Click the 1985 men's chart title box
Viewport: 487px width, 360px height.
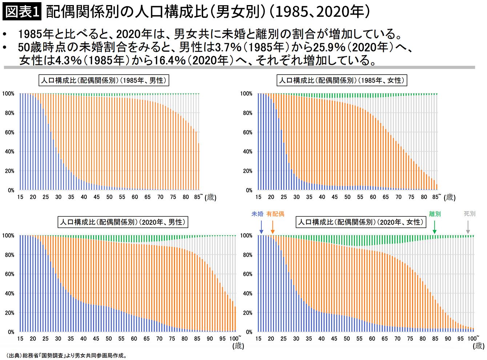tap(104, 80)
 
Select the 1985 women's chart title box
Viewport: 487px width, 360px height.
tap(342, 80)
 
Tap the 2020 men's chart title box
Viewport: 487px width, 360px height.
tap(123, 222)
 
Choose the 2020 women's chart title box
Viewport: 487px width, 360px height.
tap(361, 222)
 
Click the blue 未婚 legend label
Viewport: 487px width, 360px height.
tap(257, 214)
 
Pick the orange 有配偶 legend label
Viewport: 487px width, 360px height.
tap(275, 214)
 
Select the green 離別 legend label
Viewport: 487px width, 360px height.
tap(435, 214)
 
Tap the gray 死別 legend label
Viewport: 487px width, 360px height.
tap(470, 213)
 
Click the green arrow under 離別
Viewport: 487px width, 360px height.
tap(434, 227)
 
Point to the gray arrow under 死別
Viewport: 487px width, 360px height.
tap(468, 227)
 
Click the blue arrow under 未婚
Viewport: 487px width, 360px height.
tap(261, 227)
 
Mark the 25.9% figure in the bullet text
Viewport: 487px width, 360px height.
tap(329, 47)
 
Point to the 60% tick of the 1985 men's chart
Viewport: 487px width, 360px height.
tap(10, 132)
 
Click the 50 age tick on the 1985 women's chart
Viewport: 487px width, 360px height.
tap(347, 197)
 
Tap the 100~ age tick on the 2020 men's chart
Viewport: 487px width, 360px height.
tap(235, 339)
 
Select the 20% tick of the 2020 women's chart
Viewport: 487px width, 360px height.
tap(247, 313)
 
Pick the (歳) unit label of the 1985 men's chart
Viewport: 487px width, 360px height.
tap(210, 197)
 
